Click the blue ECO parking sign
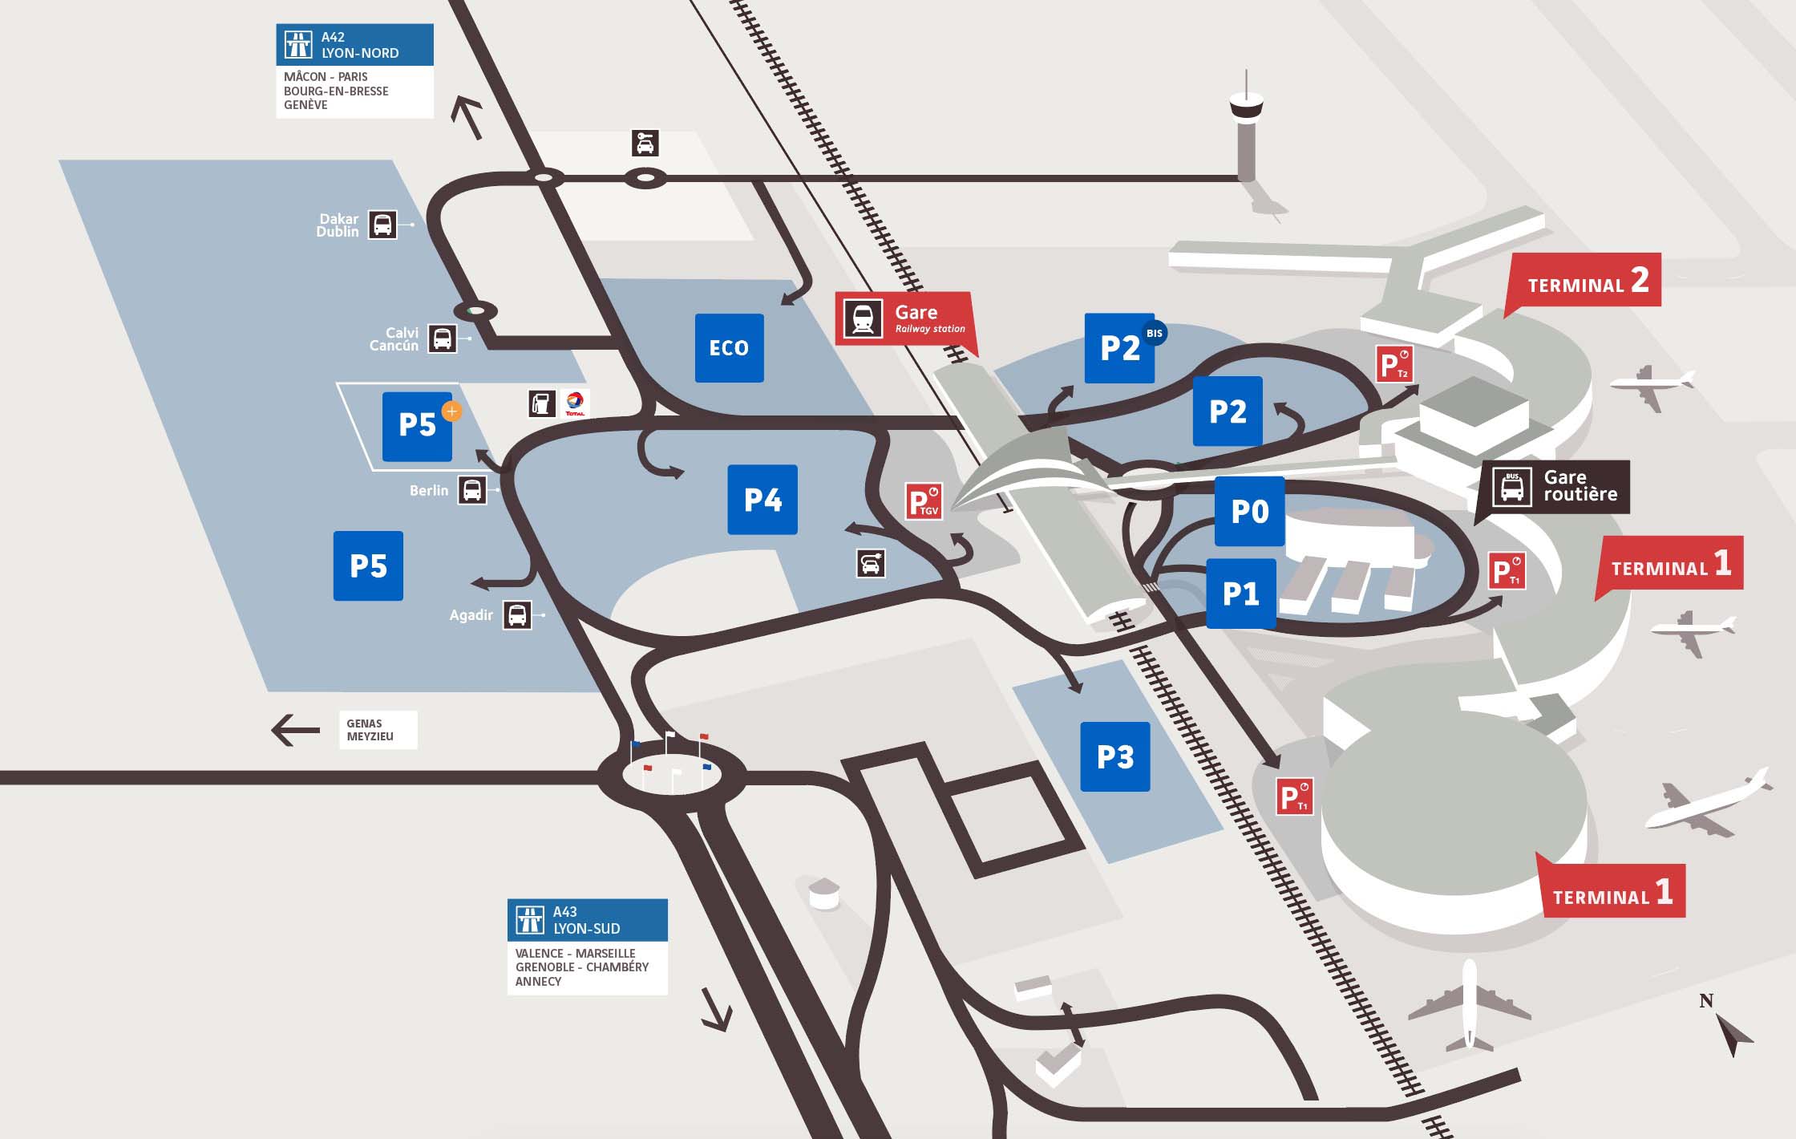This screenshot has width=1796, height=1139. point(729,347)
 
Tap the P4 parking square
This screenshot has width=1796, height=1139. point(762,500)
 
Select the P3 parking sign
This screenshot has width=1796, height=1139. point(1114,756)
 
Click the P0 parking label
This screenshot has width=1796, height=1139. point(1249,511)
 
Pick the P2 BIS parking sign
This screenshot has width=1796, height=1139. point(1120,348)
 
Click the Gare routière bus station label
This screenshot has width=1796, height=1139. point(1555,486)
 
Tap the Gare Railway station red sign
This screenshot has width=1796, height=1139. point(904,318)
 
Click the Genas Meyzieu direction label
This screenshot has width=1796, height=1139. point(378,730)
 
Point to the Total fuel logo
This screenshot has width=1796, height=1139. point(575,403)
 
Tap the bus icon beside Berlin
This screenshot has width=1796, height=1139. point(472,489)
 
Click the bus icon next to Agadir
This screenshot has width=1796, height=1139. point(517,615)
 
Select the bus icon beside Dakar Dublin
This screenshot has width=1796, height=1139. point(382,225)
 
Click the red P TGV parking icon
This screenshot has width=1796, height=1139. point(923,501)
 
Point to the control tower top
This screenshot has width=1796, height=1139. point(1246,104)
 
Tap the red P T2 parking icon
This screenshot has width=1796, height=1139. point(1394,364)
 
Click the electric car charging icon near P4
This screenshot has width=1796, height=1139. point(871,563)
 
